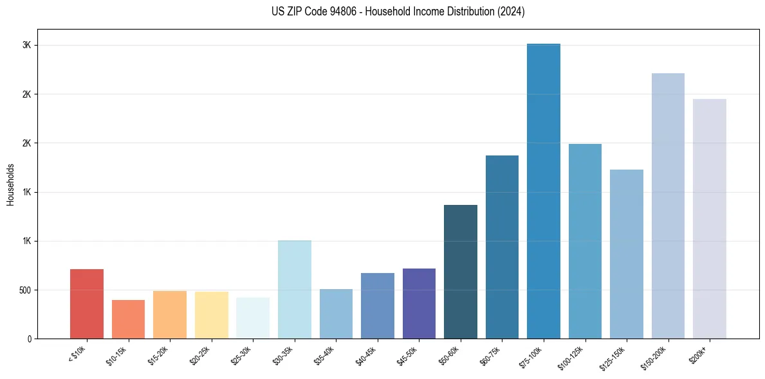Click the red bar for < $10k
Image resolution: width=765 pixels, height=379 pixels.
(87, 304)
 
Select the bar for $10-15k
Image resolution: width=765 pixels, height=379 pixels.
(128, 319)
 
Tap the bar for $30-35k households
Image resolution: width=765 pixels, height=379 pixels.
(294, 290)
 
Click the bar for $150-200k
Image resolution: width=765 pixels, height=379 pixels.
(668, 206)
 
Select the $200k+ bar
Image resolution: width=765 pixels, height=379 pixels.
(710, 219)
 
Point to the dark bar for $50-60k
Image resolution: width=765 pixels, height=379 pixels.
(461, 272)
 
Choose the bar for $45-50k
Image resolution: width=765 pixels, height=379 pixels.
(419, 304)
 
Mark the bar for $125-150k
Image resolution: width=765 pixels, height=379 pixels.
(627, 254)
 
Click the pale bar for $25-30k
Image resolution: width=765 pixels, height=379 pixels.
(253, 318)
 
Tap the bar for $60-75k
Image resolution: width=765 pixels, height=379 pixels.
(502, 247)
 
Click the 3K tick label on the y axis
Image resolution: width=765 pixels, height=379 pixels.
(26, 46)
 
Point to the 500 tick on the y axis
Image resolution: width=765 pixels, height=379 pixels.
(23, 290)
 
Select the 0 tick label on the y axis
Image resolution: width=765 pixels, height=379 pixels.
(29, 339)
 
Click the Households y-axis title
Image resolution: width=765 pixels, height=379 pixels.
(10, 184)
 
